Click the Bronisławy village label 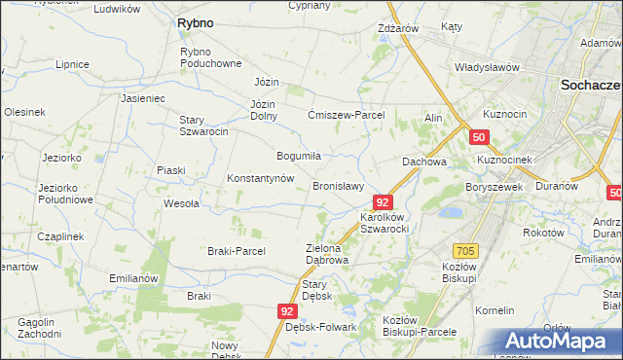338,186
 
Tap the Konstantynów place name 260,179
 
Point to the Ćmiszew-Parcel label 347,115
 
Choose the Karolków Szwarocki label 384,222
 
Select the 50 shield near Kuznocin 479,138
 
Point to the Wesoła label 181,203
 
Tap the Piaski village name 171,170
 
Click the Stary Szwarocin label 203,126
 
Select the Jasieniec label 143,98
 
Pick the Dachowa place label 424,162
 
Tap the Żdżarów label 397,28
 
